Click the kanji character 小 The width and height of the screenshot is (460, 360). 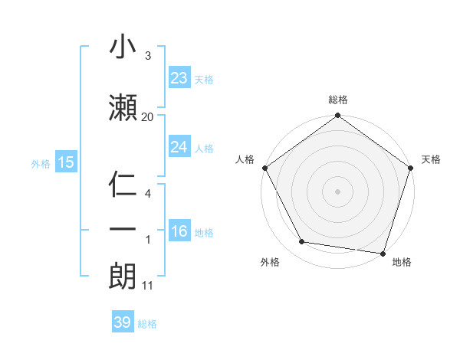123,47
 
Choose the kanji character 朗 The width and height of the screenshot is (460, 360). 123,276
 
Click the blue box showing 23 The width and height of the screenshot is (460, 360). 179,78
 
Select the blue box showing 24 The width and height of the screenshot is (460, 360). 179,147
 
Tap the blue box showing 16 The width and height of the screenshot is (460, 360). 179,231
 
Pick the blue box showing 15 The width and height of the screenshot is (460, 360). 65,162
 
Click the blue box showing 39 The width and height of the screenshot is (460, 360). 122,322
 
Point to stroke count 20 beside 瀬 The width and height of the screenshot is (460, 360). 147,116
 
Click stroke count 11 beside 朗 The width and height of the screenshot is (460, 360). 148,286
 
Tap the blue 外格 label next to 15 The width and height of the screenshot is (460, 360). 41,163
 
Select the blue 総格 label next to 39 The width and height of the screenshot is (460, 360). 147,324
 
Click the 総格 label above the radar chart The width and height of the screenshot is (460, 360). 337,100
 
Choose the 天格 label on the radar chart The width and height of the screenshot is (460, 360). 431,159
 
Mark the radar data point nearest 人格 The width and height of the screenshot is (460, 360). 264,168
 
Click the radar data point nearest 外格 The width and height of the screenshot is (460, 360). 302,242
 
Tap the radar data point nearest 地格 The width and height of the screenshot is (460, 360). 383,253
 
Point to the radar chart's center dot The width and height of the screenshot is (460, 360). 337,191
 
